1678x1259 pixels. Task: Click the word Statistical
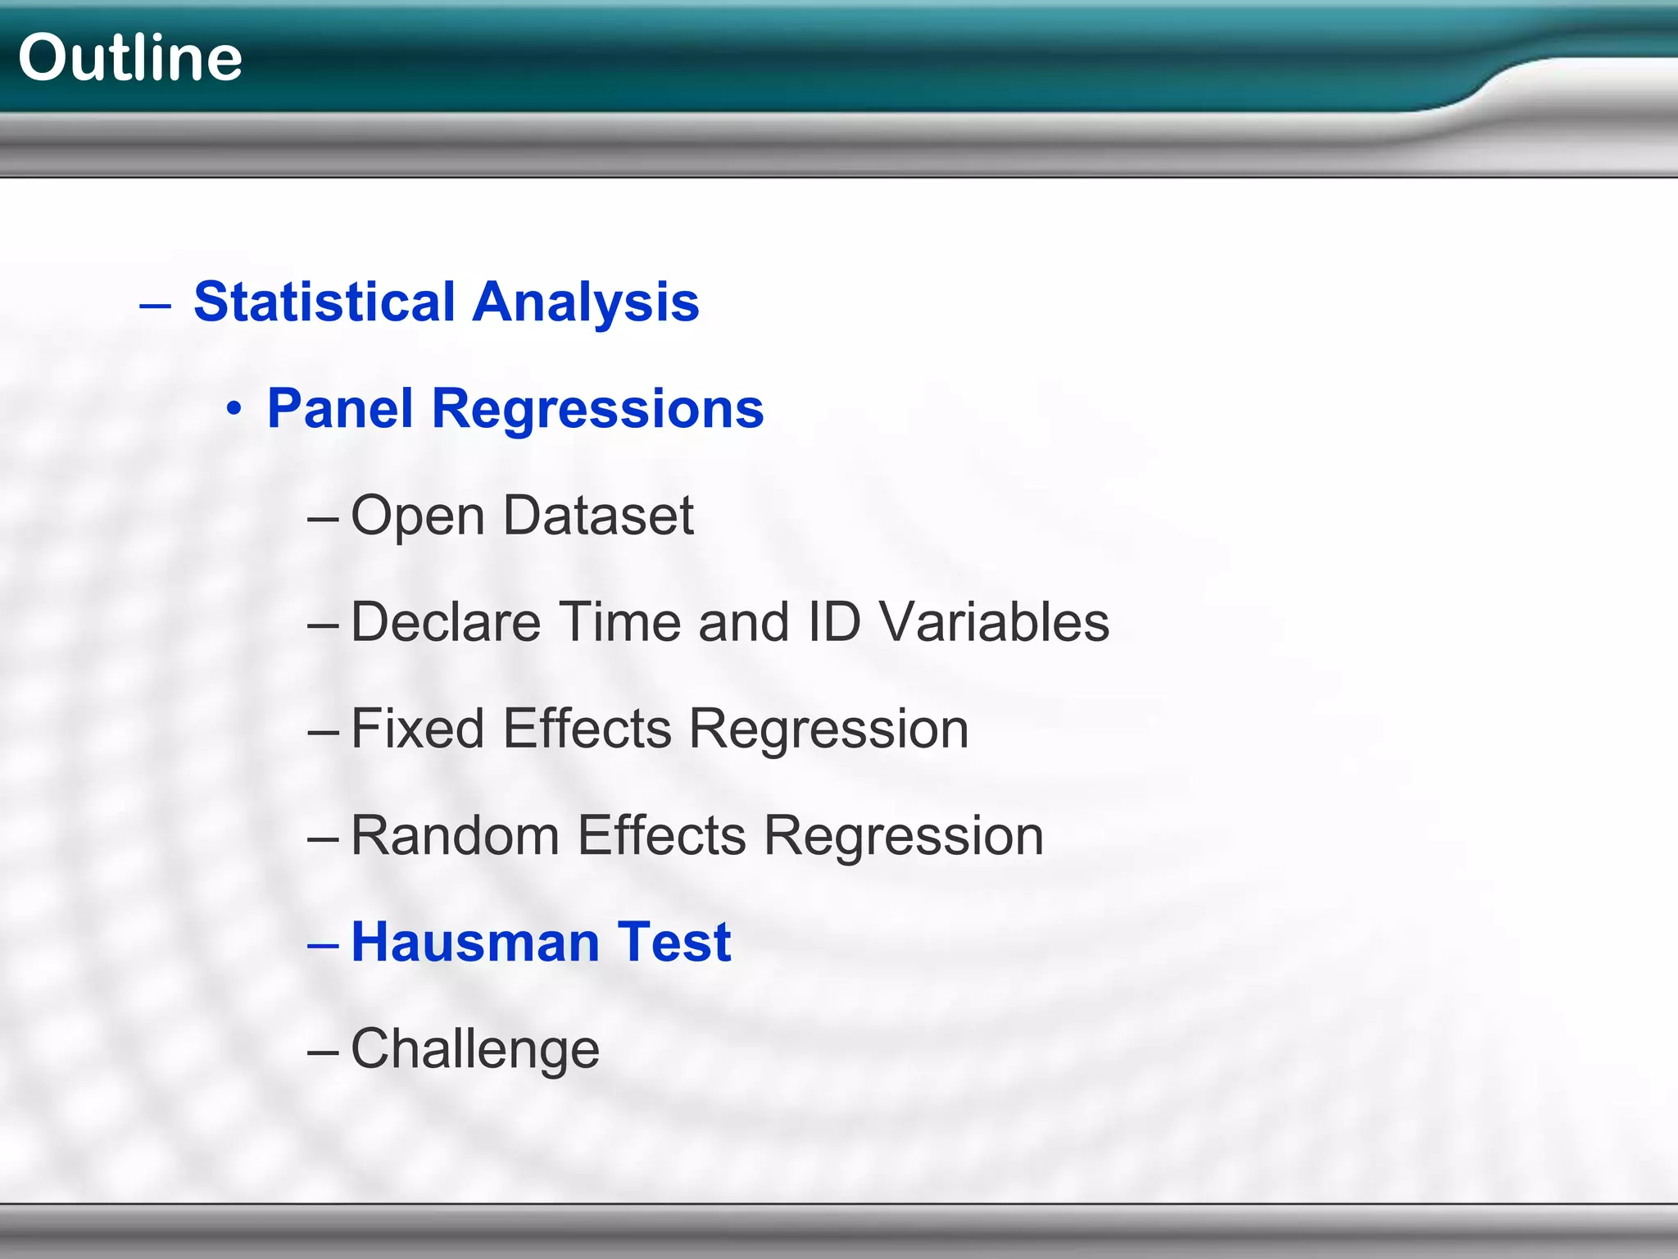(324, 302)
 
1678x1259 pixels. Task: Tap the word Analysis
(586, 302)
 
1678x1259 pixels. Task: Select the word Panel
(340, 408)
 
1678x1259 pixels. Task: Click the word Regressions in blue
(597, 410)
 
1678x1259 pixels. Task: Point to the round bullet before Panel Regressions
(234, 410)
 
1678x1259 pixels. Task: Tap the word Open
(418, 517)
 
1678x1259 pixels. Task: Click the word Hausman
(474, 942)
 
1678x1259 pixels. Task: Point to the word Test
(673, 942)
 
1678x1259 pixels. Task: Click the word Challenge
(475, 1050)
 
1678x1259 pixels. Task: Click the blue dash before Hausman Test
(323, 945)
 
